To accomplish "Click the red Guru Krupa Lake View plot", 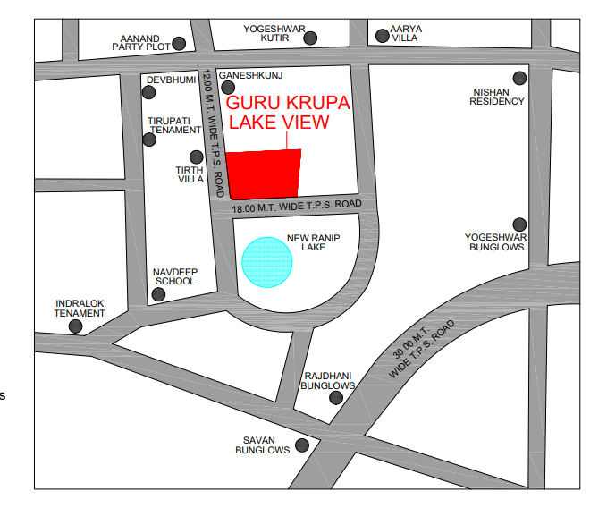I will pos(265,172).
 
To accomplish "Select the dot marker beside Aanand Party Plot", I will pos(180,43).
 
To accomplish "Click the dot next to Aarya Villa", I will pos(382,36).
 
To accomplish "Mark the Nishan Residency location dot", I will pos(519,79).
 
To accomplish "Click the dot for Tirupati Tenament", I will pos(149,139).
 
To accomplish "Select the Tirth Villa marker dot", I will pos(197,157).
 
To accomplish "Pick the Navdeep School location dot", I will pos(158,295).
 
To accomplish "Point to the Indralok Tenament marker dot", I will pos(76,327).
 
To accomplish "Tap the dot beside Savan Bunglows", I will pos(303,444).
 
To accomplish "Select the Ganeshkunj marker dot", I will pos(227,88).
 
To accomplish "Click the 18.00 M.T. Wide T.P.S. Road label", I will pos(296,206).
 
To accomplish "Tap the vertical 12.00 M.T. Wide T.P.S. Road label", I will pos(213,134).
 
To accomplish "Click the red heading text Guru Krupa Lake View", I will pos(289,112).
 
